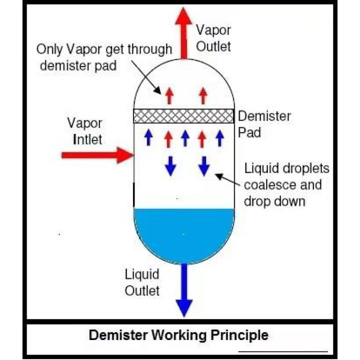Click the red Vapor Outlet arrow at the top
[183, 30]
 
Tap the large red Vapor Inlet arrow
[95, 155]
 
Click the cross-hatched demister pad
[183, 116]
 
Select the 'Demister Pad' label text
[264, 125]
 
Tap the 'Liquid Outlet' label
[142, 282]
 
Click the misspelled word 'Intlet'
[87, 139]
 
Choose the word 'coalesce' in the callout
[264, 185]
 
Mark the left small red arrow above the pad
[169, 94]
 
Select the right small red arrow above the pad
[202, 94]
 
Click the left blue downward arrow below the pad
[170, 165]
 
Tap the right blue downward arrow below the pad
[203, 165]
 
